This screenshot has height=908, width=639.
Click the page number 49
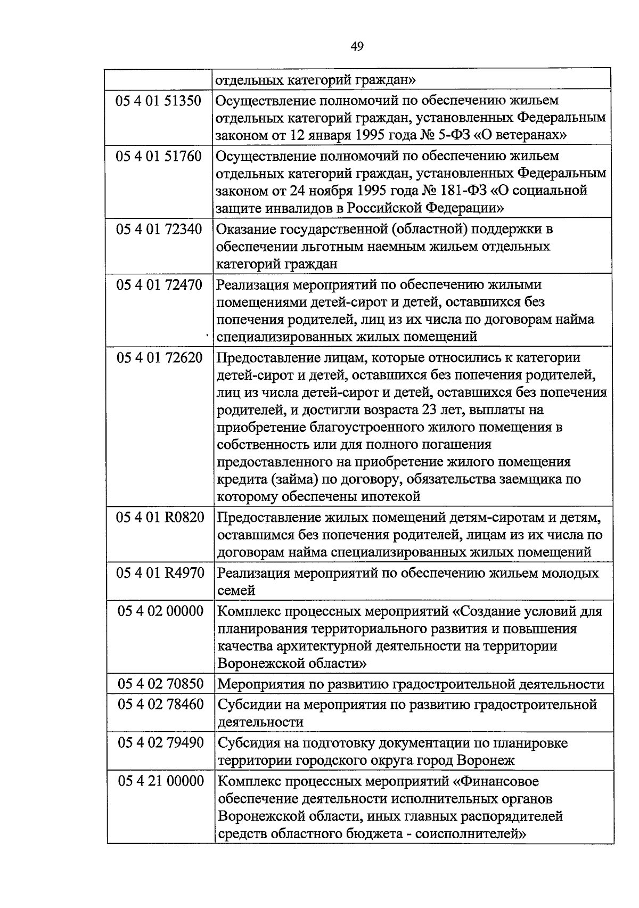point(357,47)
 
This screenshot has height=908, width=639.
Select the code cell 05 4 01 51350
point(159,101)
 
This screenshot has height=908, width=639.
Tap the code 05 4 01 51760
point(159,157)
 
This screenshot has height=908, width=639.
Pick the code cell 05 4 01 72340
point(159,230)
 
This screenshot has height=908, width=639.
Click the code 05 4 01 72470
point(159,285)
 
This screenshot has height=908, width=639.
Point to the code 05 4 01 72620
point(159,358)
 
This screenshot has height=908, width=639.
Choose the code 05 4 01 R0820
point(160,518)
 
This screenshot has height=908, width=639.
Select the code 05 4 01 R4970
point(160,574)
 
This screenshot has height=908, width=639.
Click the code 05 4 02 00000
point(160,611)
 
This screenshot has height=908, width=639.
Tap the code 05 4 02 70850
point(160,684)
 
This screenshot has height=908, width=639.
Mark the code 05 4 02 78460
point(160,705)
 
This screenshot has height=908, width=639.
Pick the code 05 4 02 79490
point(160,743)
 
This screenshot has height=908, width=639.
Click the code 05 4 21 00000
point(160,781)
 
